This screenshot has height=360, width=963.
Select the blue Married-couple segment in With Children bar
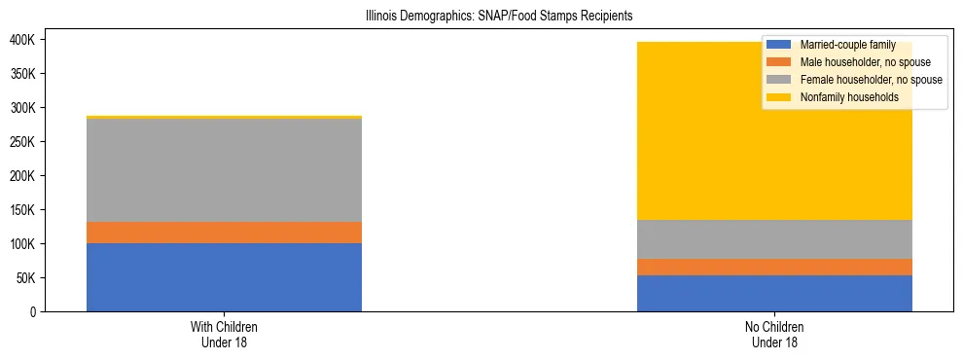tap(224, 277)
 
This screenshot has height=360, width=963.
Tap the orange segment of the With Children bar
tap(224, 233)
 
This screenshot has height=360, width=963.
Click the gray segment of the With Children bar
tap(224, 170)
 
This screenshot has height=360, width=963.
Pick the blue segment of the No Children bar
tap(774, 293)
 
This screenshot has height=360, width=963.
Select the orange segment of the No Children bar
tap(774, 267)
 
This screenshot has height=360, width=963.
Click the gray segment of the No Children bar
tap(774, 239)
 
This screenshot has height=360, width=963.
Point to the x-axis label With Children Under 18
tap(224, 335)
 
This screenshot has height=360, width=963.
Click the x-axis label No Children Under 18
tap(774, 335)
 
